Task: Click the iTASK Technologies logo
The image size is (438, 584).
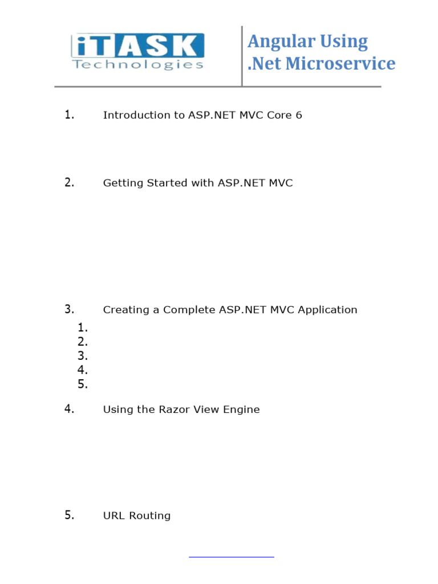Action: click(137, 52)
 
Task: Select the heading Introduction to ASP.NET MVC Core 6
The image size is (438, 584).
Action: click(202, 115)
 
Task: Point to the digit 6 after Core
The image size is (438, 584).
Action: click(298, 115)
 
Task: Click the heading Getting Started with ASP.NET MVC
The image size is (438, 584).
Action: click(198, 183)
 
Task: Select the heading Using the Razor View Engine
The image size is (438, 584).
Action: click(181, 409)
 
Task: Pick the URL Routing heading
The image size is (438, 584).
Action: click(137, 516)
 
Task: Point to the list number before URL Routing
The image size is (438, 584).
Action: click(69, 516)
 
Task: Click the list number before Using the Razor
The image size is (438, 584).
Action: click(69, 409)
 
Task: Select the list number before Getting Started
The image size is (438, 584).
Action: click(69, 182)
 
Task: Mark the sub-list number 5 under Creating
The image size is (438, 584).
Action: click(83, 384)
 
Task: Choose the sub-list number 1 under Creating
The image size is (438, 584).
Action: click(83, 327)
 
